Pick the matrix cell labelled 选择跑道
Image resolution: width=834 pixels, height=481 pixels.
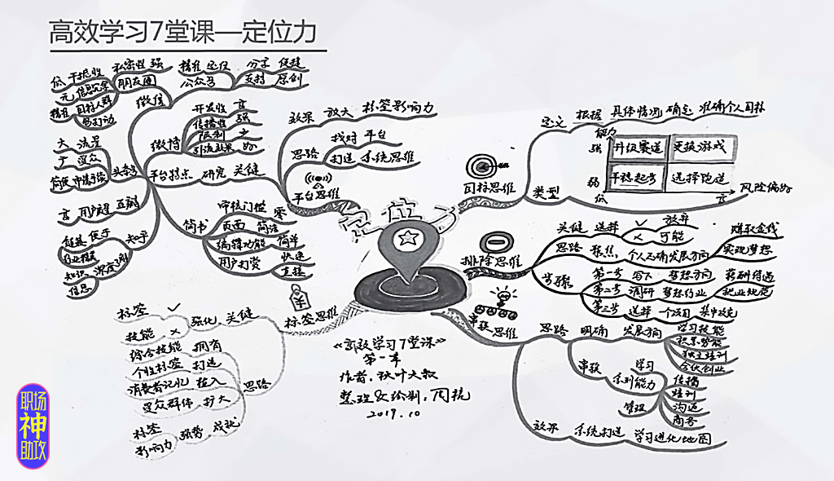click(x=699, y=179)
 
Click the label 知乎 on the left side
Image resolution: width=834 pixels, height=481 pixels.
click(x=135, y=238)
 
